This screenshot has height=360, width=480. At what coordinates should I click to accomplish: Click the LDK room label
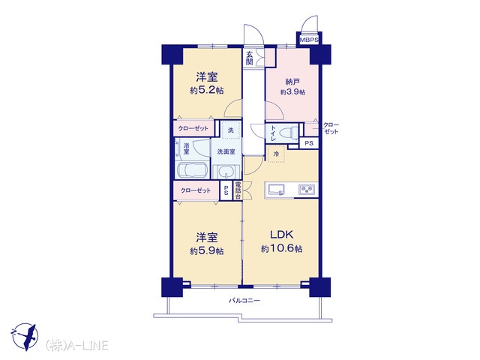pyautogui.click(x=282, y=235)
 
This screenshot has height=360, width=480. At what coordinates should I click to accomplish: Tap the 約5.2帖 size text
pyautogui.click(x=207, y=91)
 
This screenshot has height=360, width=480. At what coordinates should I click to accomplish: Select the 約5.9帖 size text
pyautogui.click(x=207, y=251)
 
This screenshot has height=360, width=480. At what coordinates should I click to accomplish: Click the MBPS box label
pyautogui.click(x=309, y=40)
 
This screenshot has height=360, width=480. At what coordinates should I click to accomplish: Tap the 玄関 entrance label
pyautogui.click(x=250, y=58)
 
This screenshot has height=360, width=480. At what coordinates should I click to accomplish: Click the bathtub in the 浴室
pyautogui.click(x=192, y=170)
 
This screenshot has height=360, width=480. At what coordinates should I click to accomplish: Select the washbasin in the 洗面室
pyautogui.click(x=226, y=172)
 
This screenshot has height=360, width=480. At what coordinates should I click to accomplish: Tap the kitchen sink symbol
pyautogui.click(x=277, y=190)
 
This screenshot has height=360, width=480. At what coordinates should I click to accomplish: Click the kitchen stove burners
pyautogui.click(x=307, y=190)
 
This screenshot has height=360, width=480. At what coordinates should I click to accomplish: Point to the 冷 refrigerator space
pyautogui.click(x=276, y=154)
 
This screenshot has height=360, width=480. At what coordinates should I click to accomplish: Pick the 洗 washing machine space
pyautogui.click(x=231, y=130)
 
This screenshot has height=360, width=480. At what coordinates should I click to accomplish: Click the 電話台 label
pyautogui.click(x=238, y=190)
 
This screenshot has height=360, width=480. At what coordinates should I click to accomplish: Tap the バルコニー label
pyautogui.click(x=244, y=301)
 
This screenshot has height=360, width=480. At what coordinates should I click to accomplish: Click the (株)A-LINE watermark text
pyautogui.click(x=76, y=346)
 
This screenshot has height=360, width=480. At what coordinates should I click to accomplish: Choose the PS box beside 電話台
pyautogui.click(x=226, y=190)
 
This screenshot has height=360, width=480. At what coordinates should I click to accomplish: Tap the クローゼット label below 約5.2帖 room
pyautogui.click(x=193, y=128)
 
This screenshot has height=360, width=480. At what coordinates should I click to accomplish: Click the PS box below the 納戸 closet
pyautogui.click(x=309, y=143)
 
